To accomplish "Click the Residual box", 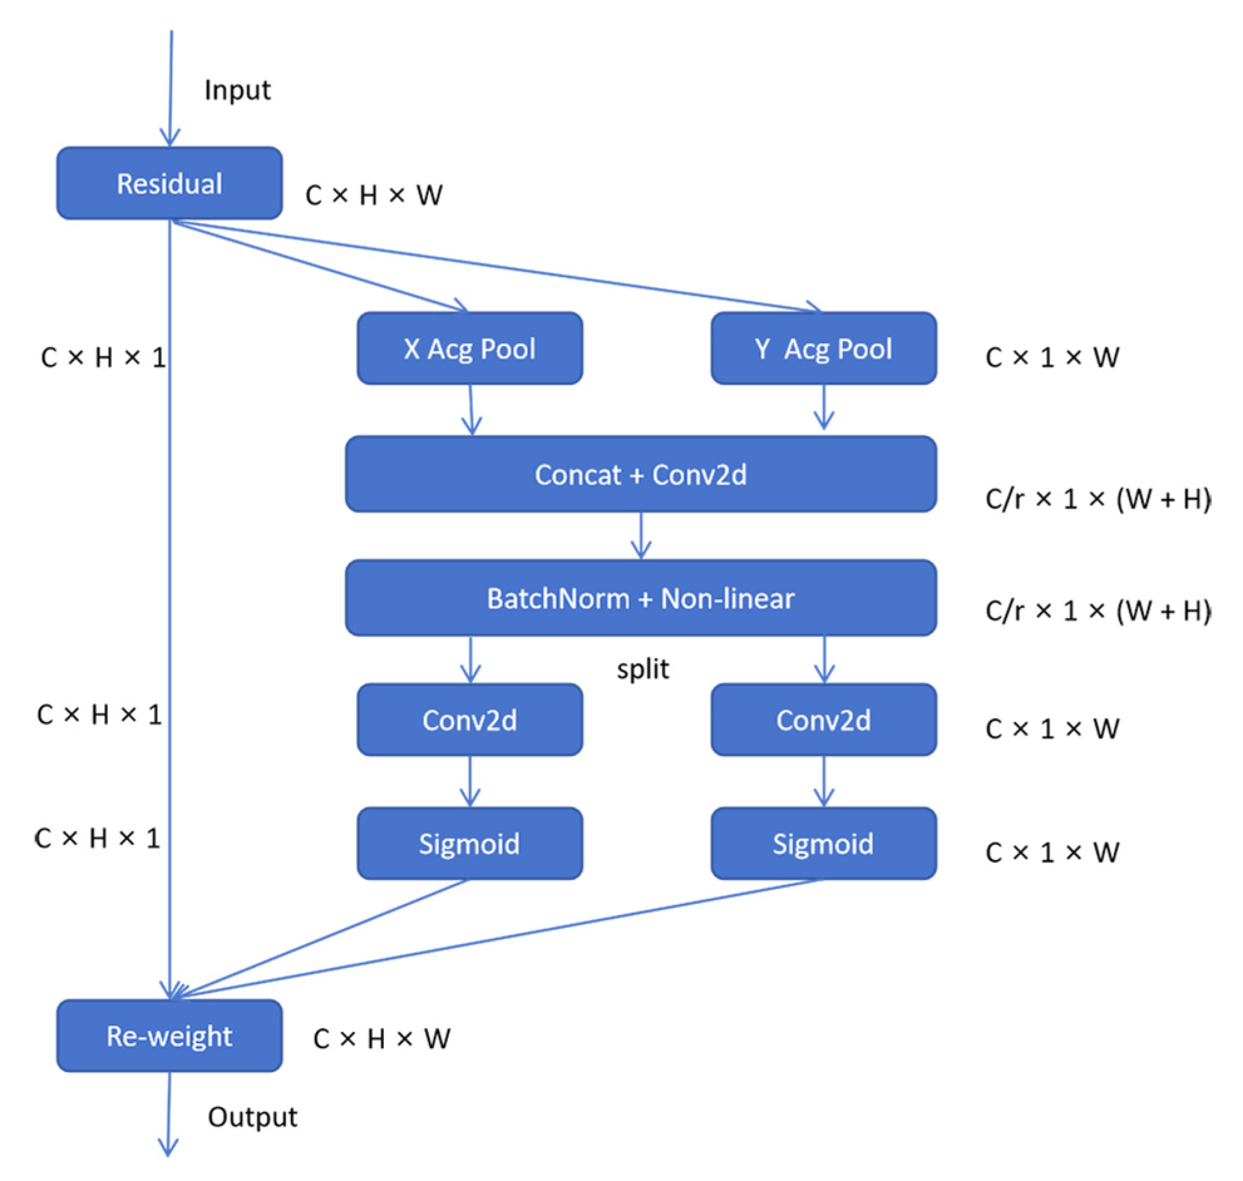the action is click(x=169, y=183).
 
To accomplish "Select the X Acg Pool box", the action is click(x=470, y=348).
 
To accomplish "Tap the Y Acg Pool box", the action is click(x=823, y=348).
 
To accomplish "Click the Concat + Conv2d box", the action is click(x=641, y=474).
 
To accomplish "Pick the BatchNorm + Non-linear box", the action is click(x=641, y=597).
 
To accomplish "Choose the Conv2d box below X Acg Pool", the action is click(x=470, y=720).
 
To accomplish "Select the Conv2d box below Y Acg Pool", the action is click(x=823, y=720).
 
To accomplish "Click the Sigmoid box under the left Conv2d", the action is click(x=470, y=844).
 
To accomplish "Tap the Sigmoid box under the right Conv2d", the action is click(x=823, y=844).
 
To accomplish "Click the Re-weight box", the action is click(x=169, y=1036).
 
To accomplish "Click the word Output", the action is click(x=253, y=1117).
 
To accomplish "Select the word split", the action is click(x=643, y=669).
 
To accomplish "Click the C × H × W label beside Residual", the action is click(x=374, y=195).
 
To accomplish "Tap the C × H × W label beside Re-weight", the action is click(x=381, y=1039).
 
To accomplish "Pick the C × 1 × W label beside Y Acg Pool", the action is click(x=1053, y=357).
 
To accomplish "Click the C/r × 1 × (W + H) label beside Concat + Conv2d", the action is click(x=1098, y=498).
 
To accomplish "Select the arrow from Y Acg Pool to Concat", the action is click(x=823, y=407).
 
